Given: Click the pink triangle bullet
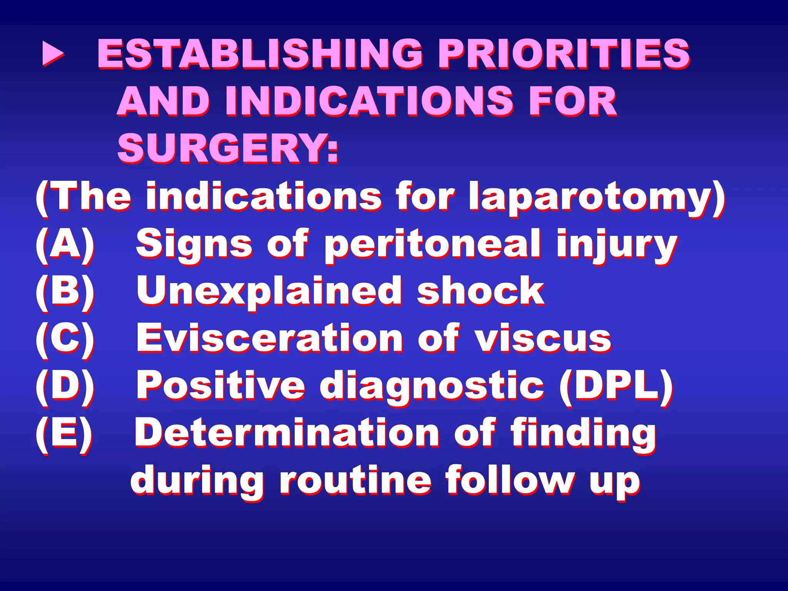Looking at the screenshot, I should pyautogui.click(x=53, y=53).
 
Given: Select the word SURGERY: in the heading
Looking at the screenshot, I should pyautogui.click(x=228, y=148).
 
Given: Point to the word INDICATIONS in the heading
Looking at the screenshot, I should pyautogui.click(x=369, y=101).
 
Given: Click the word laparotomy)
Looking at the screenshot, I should pyautogui.click(x=597, y=197).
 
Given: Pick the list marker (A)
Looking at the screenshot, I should pyautogui.click(x=65, y=244).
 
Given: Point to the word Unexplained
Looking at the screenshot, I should pyautogui.click(x=269, y=292).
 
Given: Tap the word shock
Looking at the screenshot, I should pyautogui.click(x=481, y=292).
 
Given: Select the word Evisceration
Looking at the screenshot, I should pyautogui.click(x=270, y=339).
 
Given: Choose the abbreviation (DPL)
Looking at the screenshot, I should pyautogui.click(x=616, y=386).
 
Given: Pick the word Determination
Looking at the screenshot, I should pyautogui.click(x=287, y=433).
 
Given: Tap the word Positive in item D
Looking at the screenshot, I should pyautogui.click(x=221, y=386).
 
